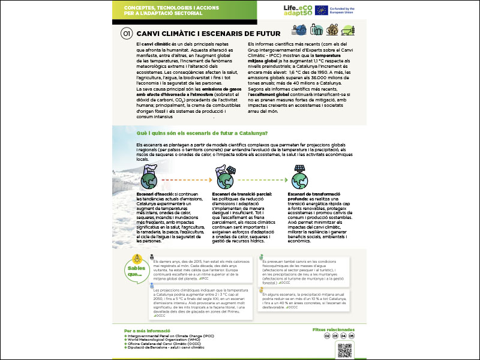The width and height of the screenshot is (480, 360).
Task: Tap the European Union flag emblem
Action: click(x=321, y=10)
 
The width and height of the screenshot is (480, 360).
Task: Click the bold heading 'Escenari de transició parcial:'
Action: click(x=242, y=194)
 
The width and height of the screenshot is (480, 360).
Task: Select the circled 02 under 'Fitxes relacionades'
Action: click(x=328, y=337)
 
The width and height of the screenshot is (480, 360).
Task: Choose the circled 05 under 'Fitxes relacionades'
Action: click(x=352, y=337)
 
